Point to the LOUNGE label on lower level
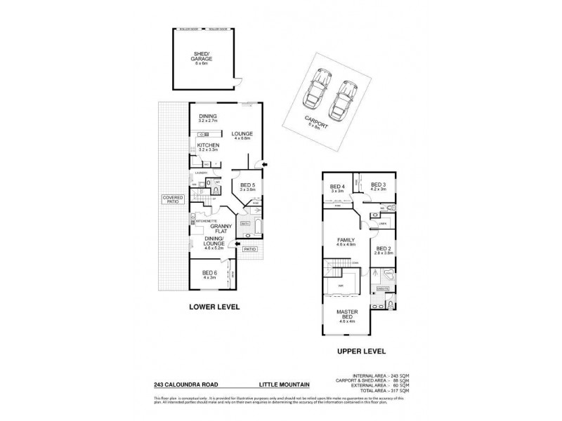(x=242, y=135)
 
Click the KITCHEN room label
(x=208, y=147)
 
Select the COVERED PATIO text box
(x=172, y=200)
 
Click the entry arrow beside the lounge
(x=264, y=165)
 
